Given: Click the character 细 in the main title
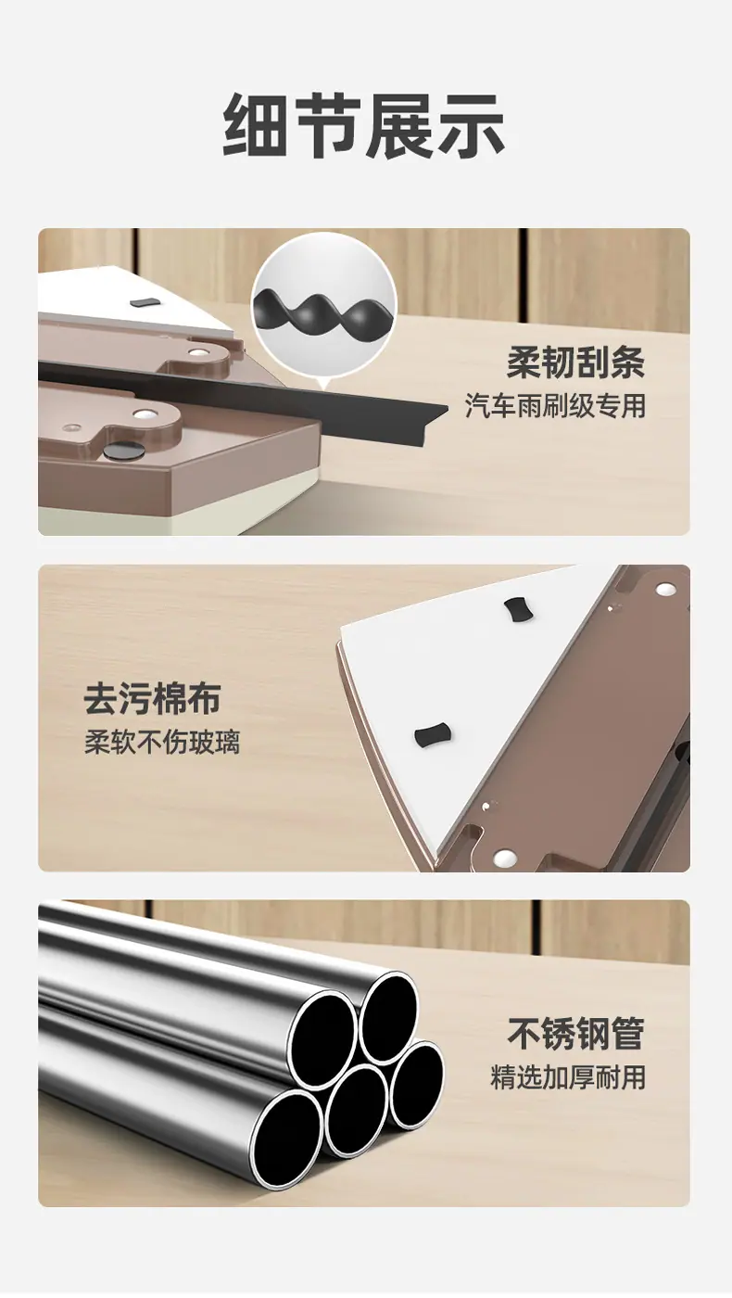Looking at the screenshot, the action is (256, 126).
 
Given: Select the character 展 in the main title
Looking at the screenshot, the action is (399, 126).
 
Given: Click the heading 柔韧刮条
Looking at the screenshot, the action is (576, 363).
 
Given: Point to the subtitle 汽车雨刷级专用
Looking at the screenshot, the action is (555, 406).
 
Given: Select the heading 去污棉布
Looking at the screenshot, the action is (153, 699).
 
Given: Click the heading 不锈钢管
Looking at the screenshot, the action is (576, 1033).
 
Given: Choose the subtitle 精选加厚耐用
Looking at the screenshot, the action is (568, 1077).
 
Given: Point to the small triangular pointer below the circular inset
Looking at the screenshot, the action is (324, 381).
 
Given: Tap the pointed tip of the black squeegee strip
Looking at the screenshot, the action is (447, 409).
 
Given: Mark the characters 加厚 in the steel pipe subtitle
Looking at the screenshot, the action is (568, 1077).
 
